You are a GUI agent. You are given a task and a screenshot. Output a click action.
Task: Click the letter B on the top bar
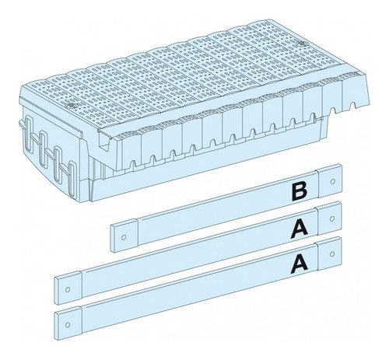point(300,192)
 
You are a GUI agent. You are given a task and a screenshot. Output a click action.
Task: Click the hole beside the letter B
point(333,181)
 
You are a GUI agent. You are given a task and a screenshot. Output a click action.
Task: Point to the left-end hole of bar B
point(124,237)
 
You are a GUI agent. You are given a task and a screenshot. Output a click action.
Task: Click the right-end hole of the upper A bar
point(332,219)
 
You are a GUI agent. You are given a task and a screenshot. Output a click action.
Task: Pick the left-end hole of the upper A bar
point(68,289)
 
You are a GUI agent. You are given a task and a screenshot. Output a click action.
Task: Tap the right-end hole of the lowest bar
point(332,254)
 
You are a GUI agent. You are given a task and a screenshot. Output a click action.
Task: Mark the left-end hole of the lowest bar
point(68,325)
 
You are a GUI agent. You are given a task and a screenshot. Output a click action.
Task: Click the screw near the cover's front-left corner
point(71,106)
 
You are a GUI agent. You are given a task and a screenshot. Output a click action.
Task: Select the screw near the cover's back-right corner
point(301,44)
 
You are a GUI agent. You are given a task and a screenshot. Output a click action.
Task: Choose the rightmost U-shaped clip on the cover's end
point(72,179)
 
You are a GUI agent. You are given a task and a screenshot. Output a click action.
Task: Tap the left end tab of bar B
point(124,235)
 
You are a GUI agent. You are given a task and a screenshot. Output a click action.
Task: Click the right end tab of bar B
point(330,180)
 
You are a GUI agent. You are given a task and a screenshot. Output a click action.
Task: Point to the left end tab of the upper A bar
point(68,288)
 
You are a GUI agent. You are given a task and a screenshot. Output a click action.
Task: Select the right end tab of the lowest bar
point(329,253)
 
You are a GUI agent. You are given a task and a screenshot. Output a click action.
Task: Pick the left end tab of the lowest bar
point(68,323)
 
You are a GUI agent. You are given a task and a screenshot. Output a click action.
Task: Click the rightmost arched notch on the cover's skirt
point(352,105)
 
